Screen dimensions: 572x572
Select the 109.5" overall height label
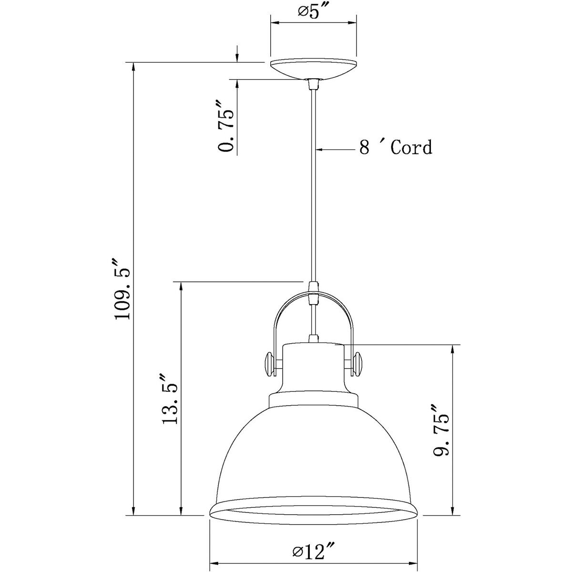[121, 289]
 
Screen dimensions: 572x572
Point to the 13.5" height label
[170, 398]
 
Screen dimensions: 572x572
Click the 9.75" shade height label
[440, 431]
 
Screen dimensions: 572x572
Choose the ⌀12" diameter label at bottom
[314, 553]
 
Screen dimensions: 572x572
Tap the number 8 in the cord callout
[364, 148]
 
